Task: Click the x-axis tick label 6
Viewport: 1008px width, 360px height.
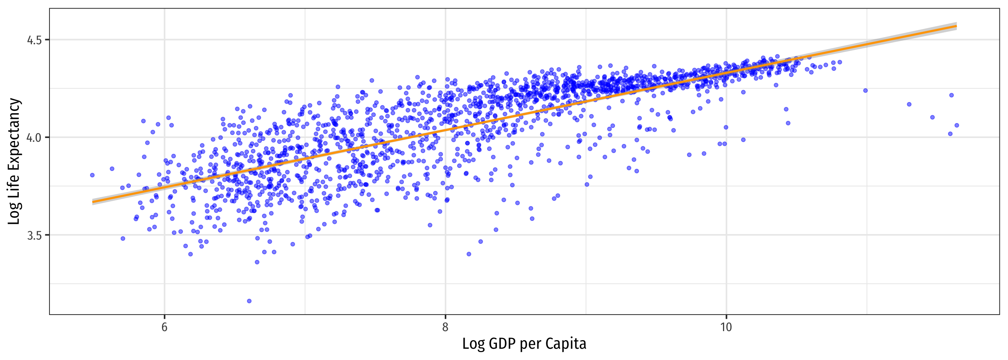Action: coord(164,327)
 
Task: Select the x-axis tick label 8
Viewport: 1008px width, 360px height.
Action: coord(445,327)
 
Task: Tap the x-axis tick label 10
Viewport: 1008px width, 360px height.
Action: coord(726,327)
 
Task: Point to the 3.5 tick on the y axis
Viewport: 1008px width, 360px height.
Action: coord(34,235)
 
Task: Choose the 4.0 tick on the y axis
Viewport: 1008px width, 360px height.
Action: coord(34,137)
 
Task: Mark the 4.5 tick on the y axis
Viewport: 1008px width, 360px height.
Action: coord(34,40)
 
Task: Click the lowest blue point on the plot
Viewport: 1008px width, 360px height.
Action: coord(249,301)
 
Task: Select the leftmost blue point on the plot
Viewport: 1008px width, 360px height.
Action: coord(92,175)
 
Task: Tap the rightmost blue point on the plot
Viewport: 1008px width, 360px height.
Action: coord(957,125)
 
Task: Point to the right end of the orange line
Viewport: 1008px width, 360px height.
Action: coord(956,26)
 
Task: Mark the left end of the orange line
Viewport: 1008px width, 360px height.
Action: coord(93,202)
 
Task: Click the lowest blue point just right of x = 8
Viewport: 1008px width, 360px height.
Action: coord(469,254)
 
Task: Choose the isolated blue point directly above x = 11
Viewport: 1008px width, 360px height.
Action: coord(865,90)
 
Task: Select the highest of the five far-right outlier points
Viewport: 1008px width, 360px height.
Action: coord(952,95)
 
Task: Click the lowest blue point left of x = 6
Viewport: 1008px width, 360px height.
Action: coord(123,238)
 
